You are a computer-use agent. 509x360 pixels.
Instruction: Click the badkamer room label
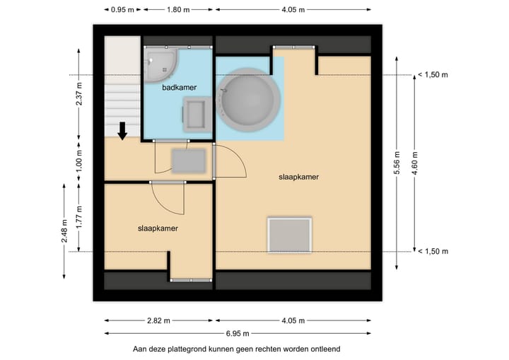179,88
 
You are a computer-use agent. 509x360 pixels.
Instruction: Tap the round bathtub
249,100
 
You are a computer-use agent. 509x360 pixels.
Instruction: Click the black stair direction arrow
122,131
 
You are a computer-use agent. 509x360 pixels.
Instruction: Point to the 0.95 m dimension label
122,10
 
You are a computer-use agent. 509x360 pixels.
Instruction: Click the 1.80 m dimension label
178,10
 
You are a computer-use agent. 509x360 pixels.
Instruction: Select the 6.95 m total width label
238,333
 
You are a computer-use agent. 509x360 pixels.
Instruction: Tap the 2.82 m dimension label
158,320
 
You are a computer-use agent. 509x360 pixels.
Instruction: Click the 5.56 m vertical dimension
397,163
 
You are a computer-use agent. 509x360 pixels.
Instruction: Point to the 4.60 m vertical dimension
414,163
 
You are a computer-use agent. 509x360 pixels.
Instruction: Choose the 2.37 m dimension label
79,94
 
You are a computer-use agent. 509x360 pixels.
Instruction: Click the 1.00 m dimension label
79,161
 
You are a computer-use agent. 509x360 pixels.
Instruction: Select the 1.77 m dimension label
79,217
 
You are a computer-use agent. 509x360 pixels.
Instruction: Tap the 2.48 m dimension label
64,231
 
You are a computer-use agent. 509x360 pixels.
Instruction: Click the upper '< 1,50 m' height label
433,75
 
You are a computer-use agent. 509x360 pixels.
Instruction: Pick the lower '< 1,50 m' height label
433,252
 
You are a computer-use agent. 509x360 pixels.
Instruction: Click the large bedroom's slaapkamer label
298,177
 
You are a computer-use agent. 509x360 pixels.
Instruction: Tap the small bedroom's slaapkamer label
158,228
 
